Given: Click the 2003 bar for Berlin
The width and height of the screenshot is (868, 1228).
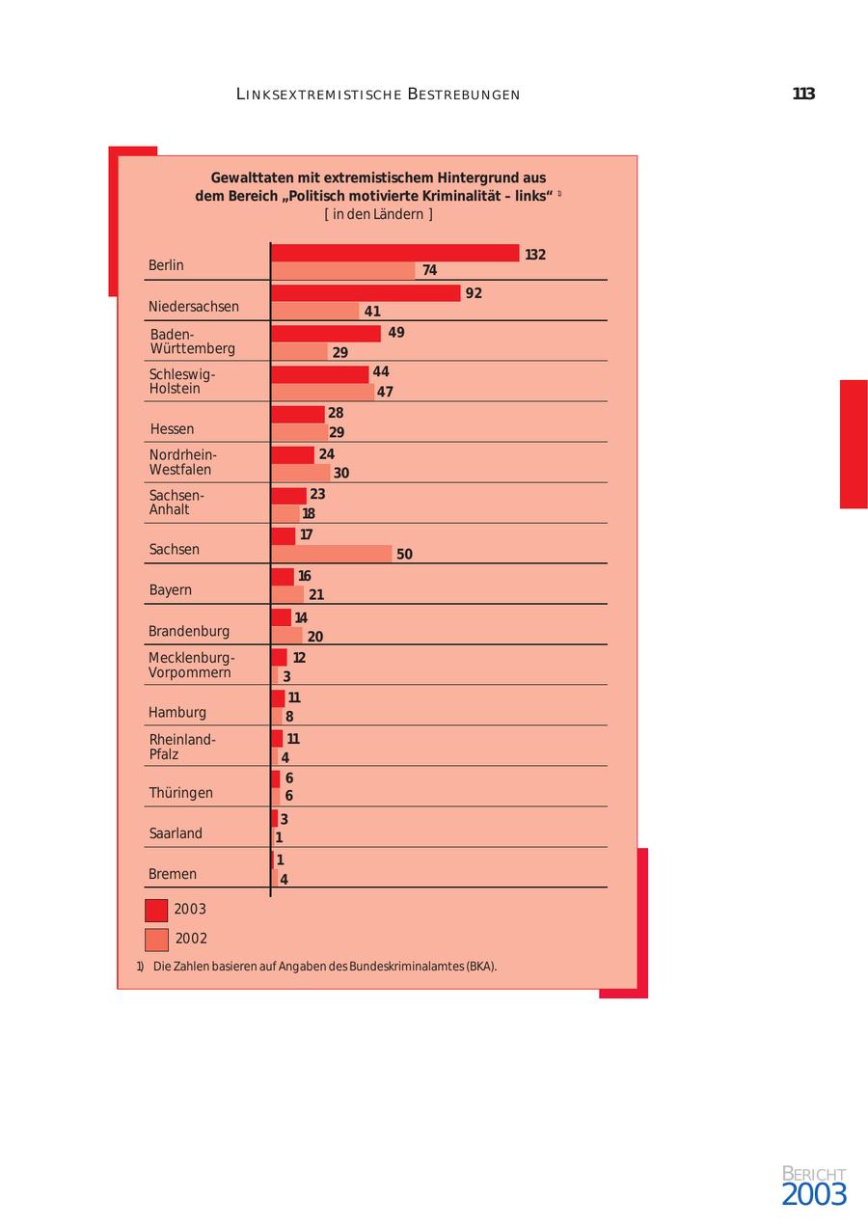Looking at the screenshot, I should (395, 254).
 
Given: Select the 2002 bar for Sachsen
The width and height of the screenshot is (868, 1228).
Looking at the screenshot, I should (332, 554).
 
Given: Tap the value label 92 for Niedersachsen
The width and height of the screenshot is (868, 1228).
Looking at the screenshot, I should (474, 293).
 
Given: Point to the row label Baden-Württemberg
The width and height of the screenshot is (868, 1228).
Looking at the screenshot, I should (192, 341).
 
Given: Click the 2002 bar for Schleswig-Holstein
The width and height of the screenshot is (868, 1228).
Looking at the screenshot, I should (322, 392).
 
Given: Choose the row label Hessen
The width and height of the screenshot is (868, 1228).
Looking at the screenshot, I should (172, 429).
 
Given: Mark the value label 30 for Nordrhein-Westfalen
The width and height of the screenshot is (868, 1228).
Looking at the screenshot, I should (341, 473).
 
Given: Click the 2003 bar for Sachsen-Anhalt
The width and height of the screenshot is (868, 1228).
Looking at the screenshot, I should (288, 495).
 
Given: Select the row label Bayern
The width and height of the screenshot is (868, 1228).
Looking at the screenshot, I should (170, 590).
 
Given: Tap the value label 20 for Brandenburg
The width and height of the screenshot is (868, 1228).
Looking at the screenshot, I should (315, 637).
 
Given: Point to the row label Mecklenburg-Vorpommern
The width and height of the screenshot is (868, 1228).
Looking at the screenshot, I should (191, 666).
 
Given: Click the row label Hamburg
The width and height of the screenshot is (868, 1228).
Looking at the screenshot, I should (177, 713).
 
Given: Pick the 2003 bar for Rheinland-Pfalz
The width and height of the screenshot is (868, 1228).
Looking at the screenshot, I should (277, 739).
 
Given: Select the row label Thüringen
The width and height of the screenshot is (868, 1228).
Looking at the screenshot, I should (180, 793).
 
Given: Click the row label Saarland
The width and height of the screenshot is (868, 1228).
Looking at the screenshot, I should (176, 833).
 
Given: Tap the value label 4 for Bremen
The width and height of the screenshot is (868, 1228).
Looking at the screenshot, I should (284, 880).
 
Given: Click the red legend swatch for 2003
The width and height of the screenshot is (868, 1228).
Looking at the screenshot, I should (156, 910).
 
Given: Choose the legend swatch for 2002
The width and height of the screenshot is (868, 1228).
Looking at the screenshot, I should (156, 940).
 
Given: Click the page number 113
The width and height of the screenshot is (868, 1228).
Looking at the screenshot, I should (803, 94).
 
